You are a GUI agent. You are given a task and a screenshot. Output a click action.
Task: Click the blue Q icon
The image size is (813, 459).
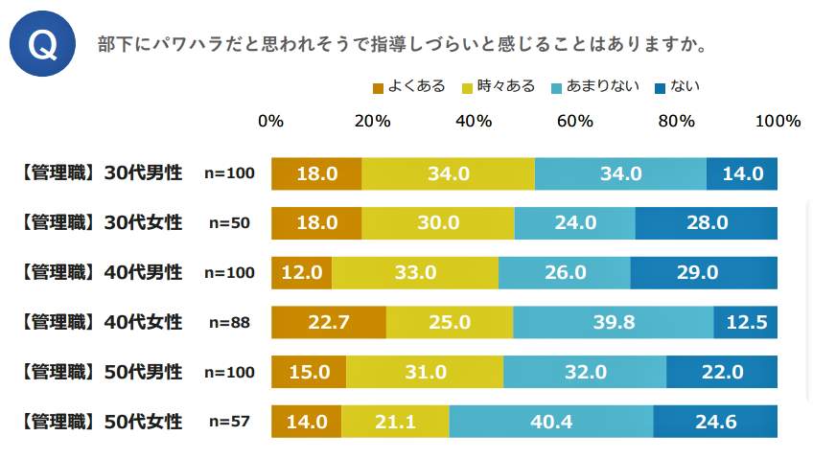pos(42,45)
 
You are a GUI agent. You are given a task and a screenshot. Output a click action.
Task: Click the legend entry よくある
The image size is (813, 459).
pos(408,87)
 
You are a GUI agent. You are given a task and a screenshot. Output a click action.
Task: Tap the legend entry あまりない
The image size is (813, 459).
pos(594,87)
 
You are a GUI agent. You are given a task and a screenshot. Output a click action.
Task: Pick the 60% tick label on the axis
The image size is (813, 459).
pos(575,122)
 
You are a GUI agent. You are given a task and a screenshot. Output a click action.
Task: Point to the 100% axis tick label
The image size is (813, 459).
pos(777,122)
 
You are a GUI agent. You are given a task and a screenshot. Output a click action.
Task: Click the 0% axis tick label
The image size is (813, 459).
pos(271,122)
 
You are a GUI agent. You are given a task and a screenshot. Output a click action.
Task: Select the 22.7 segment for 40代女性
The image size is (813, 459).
pos(329,322)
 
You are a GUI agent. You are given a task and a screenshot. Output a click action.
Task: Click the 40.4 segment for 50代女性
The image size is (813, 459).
pos(550,421)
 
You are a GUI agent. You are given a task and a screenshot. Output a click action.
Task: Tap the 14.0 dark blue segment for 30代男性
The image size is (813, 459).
pos(742,173)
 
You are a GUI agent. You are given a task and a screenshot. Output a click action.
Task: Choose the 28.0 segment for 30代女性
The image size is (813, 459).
pos(707,222)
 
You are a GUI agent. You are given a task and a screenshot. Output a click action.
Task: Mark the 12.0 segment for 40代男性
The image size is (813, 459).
pos(302,272)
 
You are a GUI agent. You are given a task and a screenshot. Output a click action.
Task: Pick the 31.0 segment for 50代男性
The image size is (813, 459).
pos(425,371)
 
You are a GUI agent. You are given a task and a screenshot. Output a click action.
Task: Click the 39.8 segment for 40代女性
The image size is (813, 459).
pos(614,322)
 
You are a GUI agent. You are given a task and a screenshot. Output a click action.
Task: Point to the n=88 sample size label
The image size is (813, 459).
pos(229,322)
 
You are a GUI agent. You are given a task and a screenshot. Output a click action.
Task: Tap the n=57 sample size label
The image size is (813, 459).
pos(229,421)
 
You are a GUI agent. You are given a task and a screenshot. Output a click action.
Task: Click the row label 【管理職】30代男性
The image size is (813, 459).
pos(100,173)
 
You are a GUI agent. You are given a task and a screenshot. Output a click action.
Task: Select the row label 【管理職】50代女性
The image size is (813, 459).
pos(100,421)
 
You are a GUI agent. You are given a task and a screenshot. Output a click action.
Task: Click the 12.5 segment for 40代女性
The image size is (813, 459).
pos(746,322)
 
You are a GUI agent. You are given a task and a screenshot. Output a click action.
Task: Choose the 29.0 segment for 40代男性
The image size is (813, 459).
pos(704,272)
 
